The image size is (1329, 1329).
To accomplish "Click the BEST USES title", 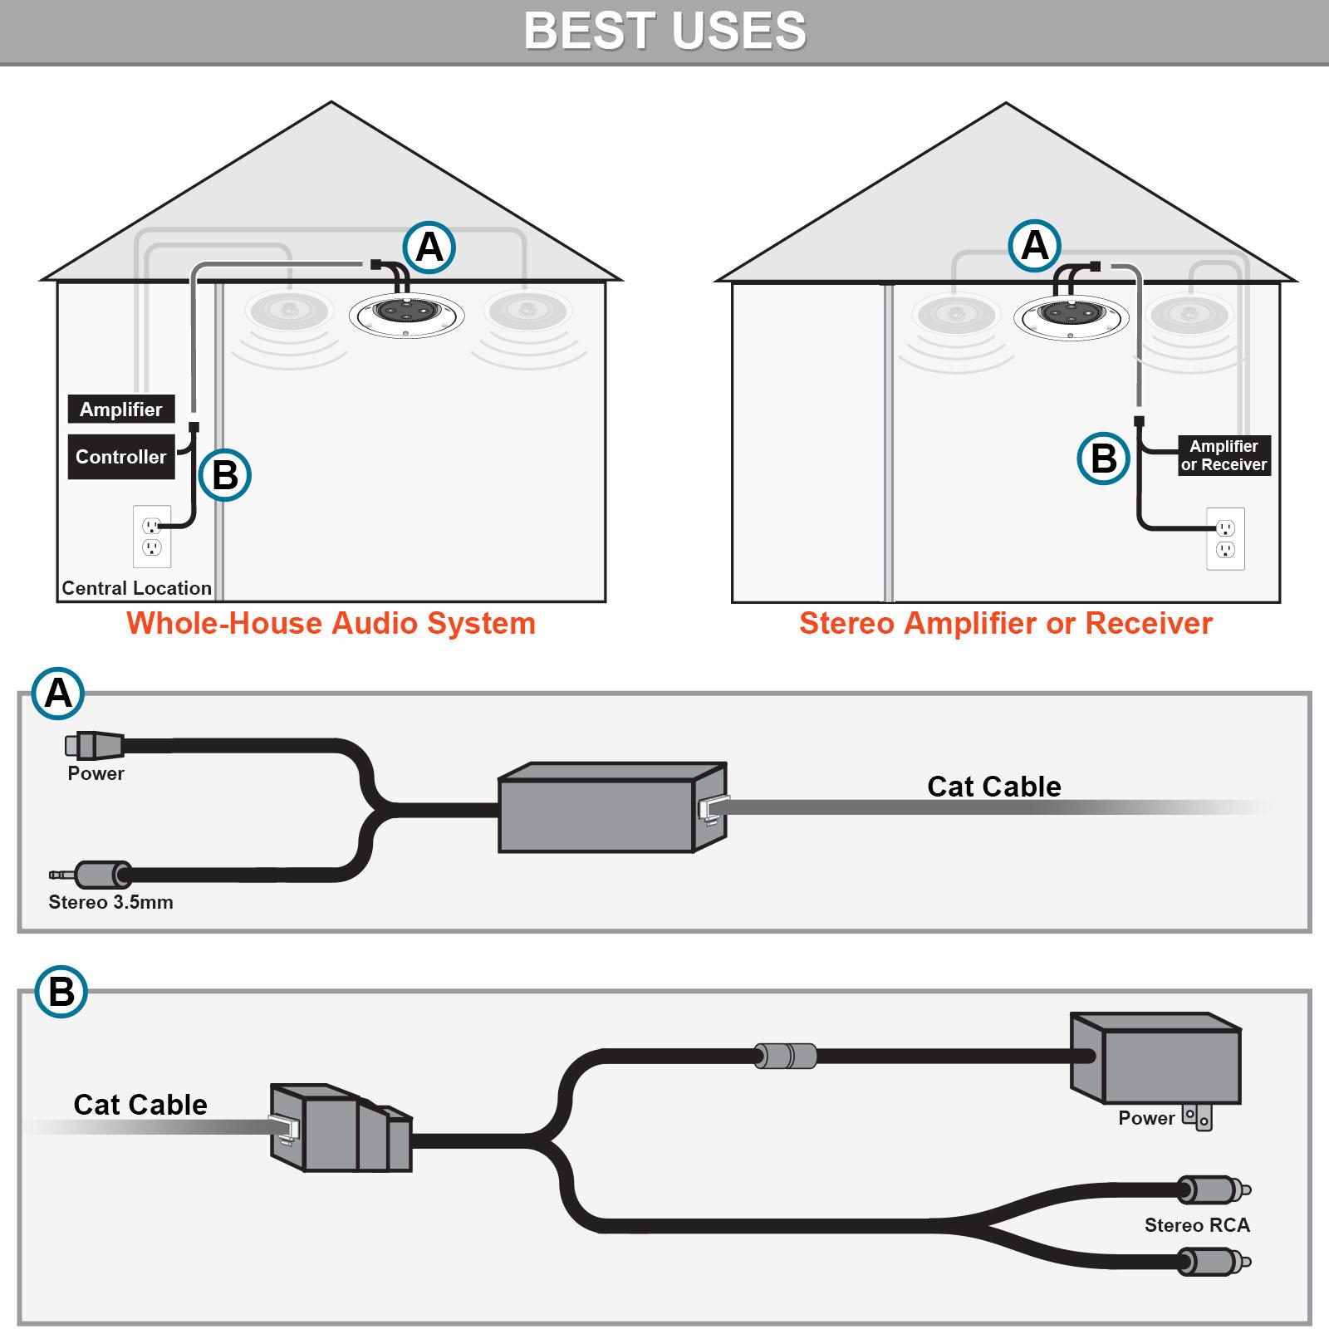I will [664, 32].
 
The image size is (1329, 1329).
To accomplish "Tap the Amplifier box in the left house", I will [121, 409].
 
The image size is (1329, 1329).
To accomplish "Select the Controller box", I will [121, 457].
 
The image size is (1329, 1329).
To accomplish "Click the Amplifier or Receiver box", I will [1224, 456].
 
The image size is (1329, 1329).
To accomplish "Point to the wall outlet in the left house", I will [152, 537].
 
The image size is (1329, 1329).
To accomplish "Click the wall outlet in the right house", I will [1225, 539].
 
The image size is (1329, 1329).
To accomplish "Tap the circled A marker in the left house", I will [429, 248].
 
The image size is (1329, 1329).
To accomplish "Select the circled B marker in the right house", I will [1103, 459].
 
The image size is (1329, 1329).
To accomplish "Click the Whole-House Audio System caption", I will [331, 624].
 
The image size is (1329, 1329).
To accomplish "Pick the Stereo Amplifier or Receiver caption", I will [1005, 624].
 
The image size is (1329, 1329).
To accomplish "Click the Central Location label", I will [136, 588].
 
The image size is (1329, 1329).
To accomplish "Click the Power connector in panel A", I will [95, 746].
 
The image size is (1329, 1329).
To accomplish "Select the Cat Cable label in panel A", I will [993, 787].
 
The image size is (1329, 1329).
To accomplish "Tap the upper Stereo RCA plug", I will [1213, 1190].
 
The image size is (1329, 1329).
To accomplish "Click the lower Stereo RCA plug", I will [1213, 1263].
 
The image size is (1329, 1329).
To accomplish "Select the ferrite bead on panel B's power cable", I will [785, 1056].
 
